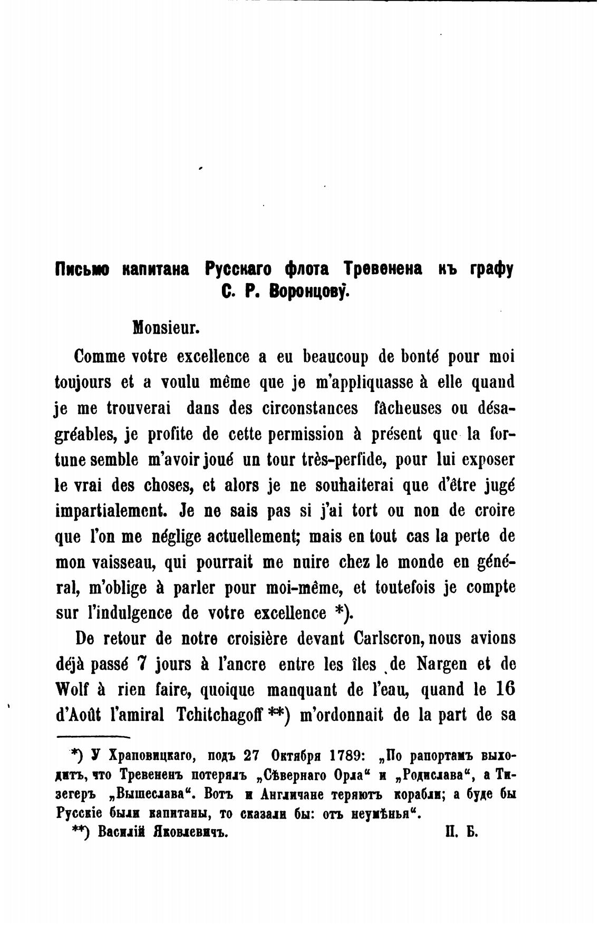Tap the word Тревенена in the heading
(383, 269)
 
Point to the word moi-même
(300, 588)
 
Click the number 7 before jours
(140, 664)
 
